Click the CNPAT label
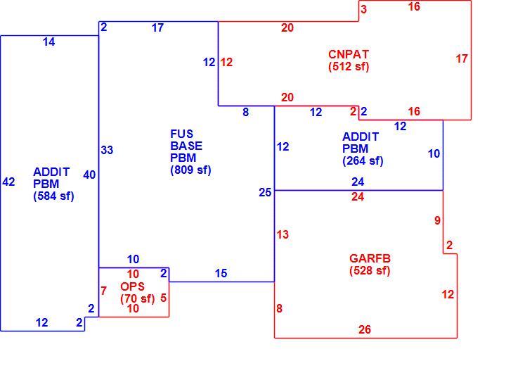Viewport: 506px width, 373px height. [x=349, y=54]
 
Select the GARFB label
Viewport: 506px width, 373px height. [x=370, y=258]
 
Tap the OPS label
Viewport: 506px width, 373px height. [x=132, y=286]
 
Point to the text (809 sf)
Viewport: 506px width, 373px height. [x=190, y=170]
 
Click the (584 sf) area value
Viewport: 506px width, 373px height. [x=53, y=196]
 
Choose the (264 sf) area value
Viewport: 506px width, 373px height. [x=363, y=160]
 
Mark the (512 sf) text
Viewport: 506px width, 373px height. [x=349, y=66]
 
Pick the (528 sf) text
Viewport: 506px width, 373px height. [x=370, y=270]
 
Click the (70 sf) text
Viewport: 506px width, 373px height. [x=138, y=298]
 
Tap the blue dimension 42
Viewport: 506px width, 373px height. [x=8, y=182]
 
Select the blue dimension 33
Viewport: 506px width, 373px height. [x=107, y=150]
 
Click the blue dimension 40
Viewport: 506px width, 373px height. [x=89, y=175]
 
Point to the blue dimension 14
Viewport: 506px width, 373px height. [x=48, y=42]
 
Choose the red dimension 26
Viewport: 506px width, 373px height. [x=365, y=329]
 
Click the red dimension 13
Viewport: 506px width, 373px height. [x=283, y=234]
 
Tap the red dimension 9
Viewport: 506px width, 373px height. [x=437, y=220]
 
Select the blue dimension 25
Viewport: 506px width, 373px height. [x=265, y=192]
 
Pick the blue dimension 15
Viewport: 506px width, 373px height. [x=221, y=273]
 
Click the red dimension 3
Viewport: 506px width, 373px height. [x=364, y=9]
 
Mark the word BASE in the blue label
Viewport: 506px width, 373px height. [x=186, y=146]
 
